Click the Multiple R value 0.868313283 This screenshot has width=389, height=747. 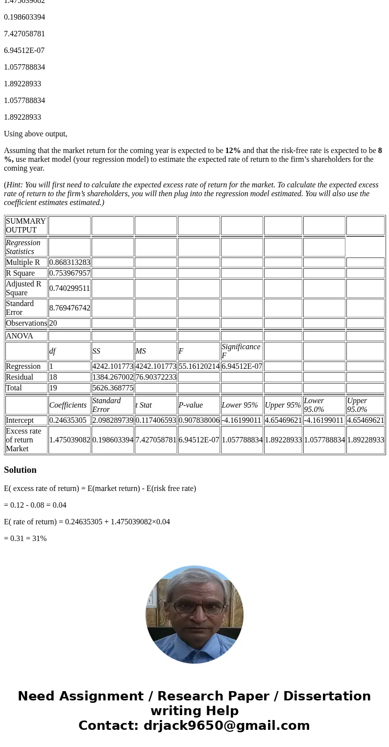[70, 262]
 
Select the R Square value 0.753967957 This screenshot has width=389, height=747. [70, 273]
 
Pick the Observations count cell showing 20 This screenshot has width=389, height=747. [53, 323]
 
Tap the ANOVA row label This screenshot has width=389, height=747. [20, 336]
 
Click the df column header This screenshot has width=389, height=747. [52, 351]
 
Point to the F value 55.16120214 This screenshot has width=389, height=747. [199, 366]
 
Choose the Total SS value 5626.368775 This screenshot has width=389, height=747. [113, 388]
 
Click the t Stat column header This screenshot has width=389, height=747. [144, 405]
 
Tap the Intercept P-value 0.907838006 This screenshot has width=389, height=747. [199, 420]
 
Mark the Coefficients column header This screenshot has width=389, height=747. [68, 405]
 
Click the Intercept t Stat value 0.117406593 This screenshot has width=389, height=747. [156, 420]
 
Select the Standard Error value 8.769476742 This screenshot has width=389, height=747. [70, 308]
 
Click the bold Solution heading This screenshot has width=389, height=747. [20, 470]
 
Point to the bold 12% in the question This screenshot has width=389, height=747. [233, 151]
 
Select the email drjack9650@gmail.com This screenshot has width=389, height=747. [226, 726]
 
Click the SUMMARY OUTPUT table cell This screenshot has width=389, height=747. [26, 226]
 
